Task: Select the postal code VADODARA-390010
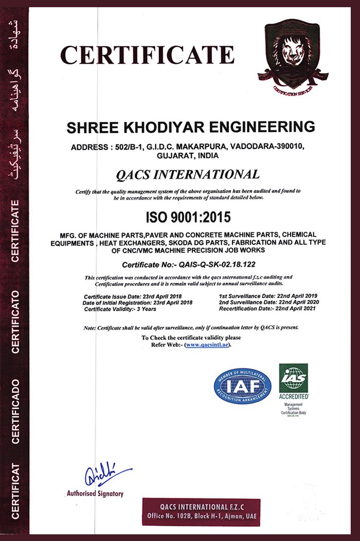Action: click(273, 147)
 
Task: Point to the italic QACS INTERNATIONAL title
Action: click(188, 174)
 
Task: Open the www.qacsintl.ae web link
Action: click(207, 345)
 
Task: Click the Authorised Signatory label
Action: click(95, 494)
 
